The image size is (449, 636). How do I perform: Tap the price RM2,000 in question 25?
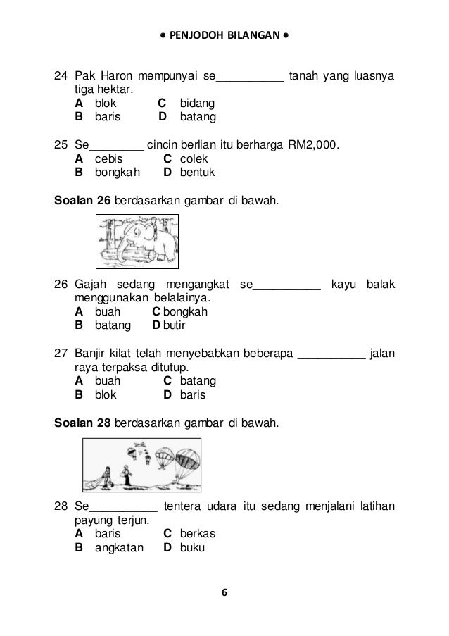coord(312,146)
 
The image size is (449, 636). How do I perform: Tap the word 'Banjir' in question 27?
coord(92,354)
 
